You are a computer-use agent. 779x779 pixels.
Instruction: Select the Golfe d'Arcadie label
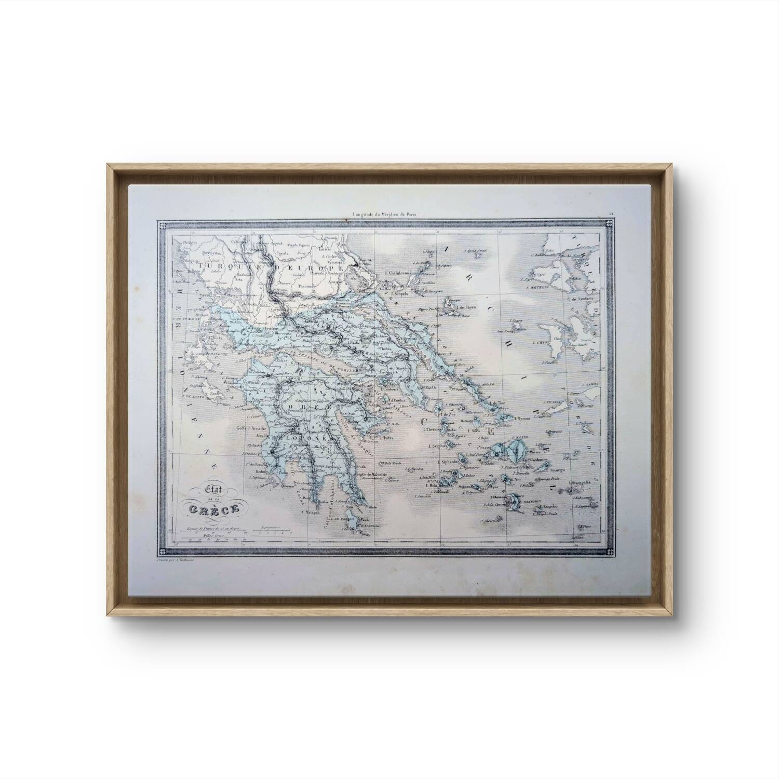250,428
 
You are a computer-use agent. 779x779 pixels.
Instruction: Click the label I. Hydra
387,438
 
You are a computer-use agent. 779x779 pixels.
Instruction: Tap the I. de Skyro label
465,307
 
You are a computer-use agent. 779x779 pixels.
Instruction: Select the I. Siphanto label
449,461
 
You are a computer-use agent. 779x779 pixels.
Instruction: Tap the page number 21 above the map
612,213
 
